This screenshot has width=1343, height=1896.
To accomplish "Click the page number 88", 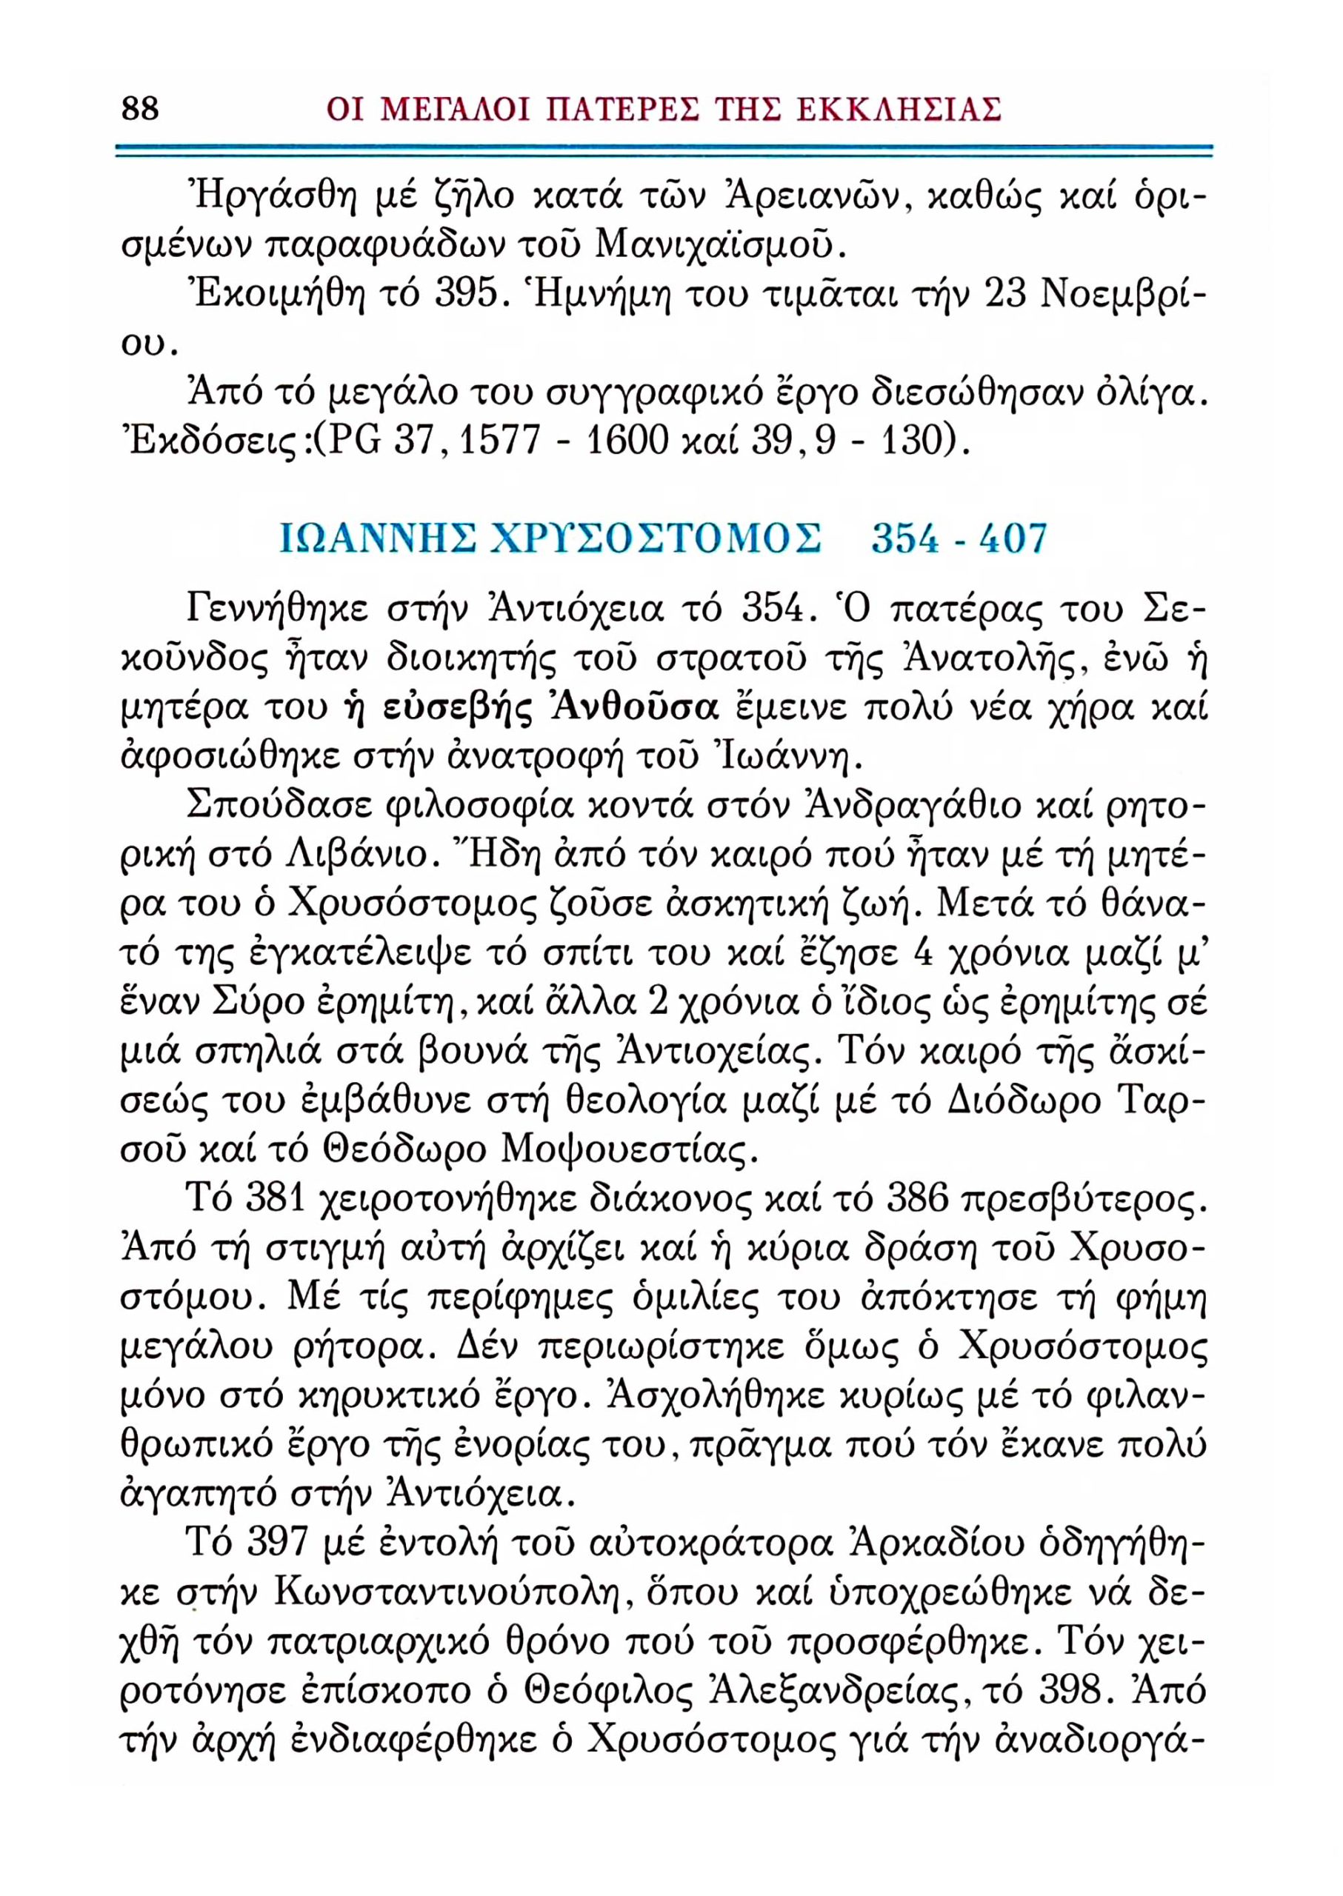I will click(x=140, y=108).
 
